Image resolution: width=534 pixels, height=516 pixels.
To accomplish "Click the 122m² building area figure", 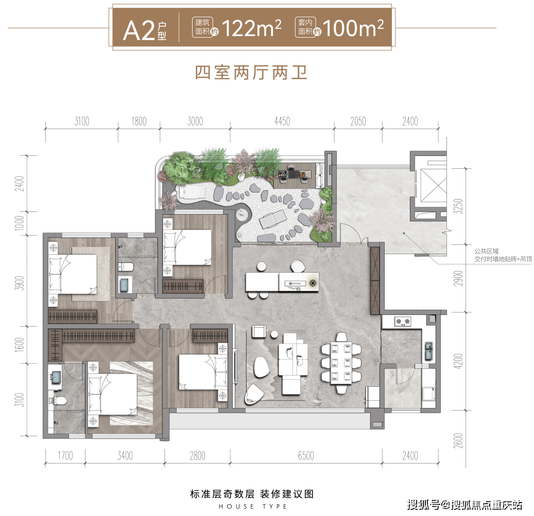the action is (x=251, y=28).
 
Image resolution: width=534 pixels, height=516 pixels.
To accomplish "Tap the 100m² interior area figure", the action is (x=353, y=28).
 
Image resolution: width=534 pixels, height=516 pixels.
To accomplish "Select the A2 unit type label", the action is (x=144, y=31).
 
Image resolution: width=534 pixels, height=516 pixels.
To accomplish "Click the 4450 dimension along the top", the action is (x=282, y=121).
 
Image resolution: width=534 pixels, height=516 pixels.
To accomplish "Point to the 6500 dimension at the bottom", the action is (x=306, y=456).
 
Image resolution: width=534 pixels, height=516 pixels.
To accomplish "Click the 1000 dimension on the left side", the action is (x=20, y=223).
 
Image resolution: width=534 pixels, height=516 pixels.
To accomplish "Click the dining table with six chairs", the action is (x=341, y=363).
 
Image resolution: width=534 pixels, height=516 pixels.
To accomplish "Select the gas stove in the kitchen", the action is (x=403, y=321).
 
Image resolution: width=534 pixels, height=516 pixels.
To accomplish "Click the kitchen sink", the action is (x=429, y=351).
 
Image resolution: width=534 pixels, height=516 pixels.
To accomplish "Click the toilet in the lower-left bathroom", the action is (x=57, y=401).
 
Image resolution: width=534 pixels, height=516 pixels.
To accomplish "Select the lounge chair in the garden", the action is (x=272, y=219).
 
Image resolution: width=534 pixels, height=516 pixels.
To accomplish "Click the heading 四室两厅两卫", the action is (x=251, y=73).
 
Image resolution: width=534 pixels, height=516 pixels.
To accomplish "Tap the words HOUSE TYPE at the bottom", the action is (x=253, y=506).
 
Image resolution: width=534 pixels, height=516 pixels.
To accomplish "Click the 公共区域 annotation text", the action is (x=486, y=252).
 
